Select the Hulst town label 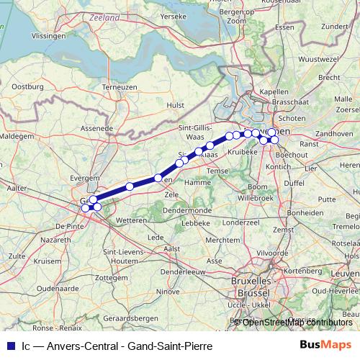(x=175, y=104)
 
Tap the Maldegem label (x=17, y=135)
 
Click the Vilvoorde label (x=269, y=253)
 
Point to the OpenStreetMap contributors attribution (x=297, y=322)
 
